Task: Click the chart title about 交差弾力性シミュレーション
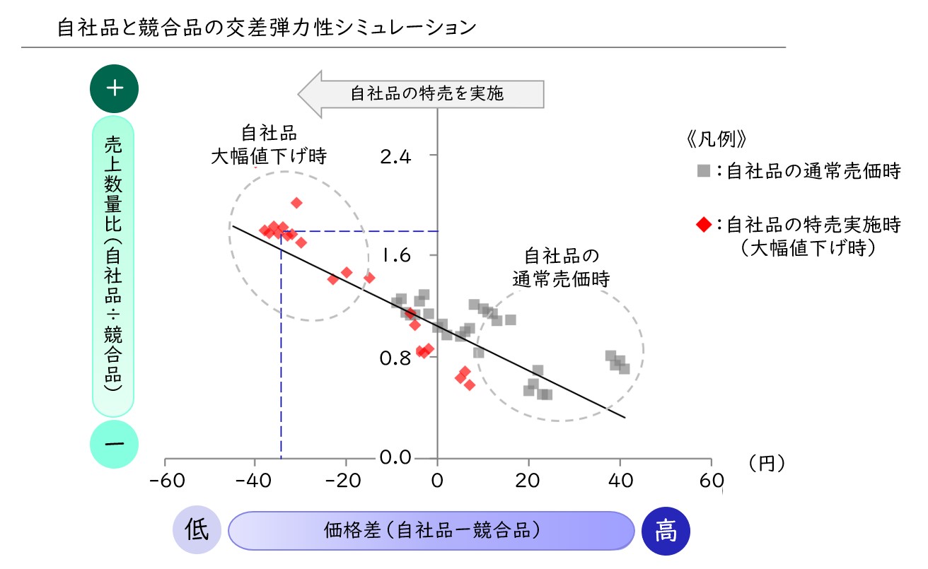click(267, 28)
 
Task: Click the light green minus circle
click(115, 442)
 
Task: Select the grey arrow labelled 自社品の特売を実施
click(422, 93)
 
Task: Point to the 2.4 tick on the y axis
click(395, 156)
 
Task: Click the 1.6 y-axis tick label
click(395, 255)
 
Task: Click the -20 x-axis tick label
click(346, 481)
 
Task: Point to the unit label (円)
click(767, 462)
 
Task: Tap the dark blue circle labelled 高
click(666, 531)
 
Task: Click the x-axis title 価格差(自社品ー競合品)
click(431, 530)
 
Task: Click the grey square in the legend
click(702, 171)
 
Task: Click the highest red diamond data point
click(296, 203)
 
